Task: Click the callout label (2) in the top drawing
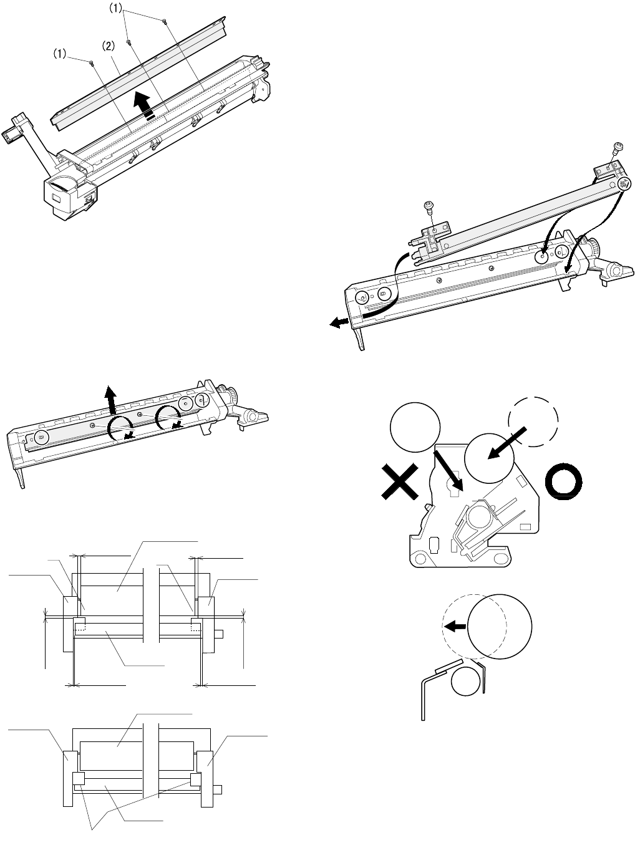tap(108, 46)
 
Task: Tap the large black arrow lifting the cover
tap(145, 106)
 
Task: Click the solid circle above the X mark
tap(415, 427)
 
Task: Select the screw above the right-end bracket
tap(616, 148)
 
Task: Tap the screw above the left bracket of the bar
tap(429, 206)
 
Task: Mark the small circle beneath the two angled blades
tap(466, 681)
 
